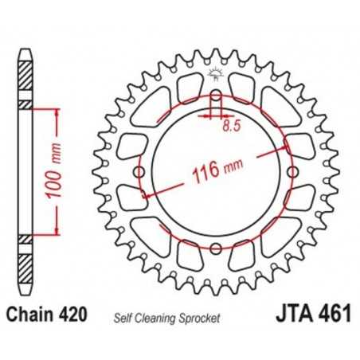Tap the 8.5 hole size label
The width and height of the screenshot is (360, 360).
231,125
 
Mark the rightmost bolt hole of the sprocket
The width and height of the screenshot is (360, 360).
292,172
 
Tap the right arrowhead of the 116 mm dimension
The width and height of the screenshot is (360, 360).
288,148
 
